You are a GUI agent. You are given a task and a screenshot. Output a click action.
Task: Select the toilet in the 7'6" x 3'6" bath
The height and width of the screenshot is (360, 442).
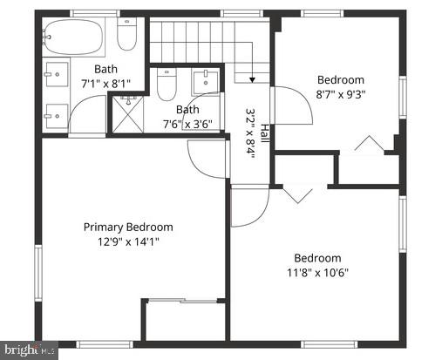pos(167,85)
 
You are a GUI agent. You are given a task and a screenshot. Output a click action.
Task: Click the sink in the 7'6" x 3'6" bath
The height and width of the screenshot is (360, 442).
pos(206,83)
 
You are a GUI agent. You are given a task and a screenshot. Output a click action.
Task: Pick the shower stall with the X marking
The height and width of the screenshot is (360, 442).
pos(127,114)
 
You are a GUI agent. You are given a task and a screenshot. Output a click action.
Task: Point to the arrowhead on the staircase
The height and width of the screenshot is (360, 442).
pos(252,80)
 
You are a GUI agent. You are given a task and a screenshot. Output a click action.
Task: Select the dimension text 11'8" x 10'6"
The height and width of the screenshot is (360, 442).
pos(317,272)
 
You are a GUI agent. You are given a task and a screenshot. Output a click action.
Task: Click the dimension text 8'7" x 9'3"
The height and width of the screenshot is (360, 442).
pos(340,94)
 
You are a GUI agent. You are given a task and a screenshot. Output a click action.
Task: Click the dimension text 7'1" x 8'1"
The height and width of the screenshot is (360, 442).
pos(105,84)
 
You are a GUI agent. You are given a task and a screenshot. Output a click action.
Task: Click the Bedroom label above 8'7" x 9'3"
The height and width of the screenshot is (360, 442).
pos(340,79)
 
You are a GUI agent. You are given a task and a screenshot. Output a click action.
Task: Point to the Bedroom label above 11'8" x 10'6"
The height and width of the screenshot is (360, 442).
pos(317,257)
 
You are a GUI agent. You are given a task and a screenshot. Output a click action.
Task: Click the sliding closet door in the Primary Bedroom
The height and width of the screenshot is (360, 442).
pos(185,301)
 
